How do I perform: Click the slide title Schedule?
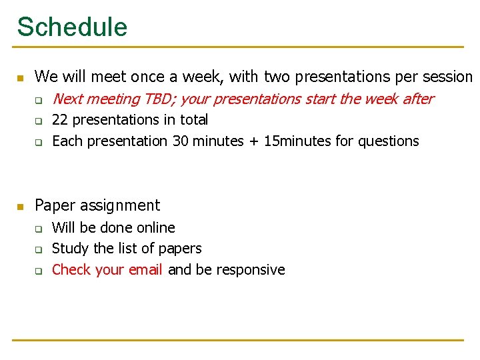point(72,27)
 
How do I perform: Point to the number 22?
point(59,120)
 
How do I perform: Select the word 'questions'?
point(389,141)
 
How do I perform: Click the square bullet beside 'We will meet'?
point(19,78)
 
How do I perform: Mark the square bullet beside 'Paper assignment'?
point(19,206)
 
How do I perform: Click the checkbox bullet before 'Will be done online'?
point(39,229)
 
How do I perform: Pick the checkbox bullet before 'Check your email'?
point(39,271)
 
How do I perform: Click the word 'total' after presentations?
point(194,120)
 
